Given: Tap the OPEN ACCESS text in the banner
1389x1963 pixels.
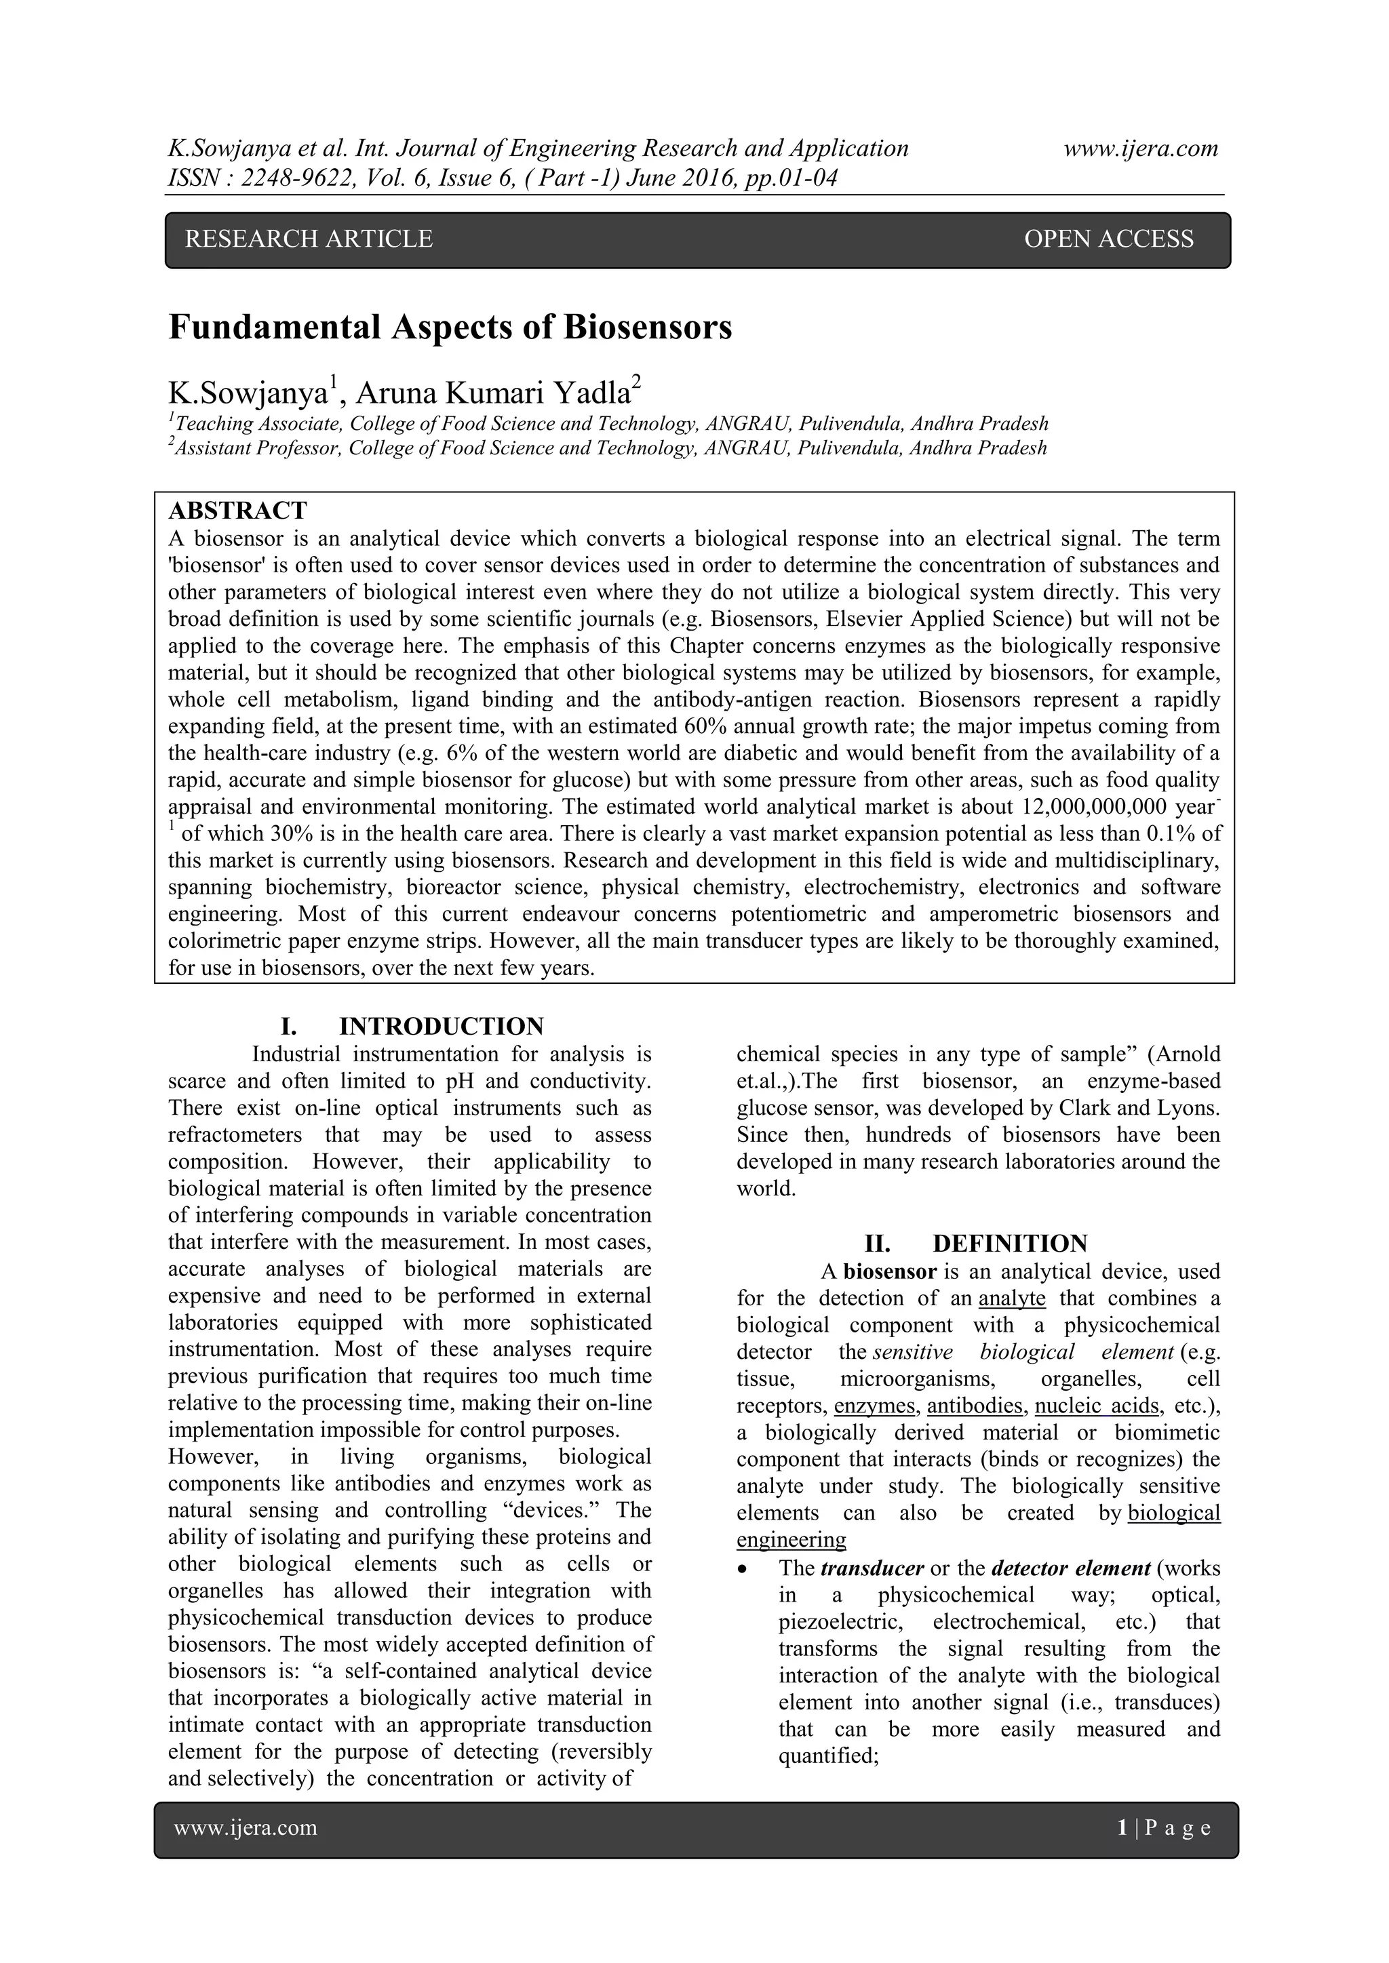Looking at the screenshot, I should click(x=1108, y=239).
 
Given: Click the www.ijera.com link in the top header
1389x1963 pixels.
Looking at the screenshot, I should click(x=1141, y=148).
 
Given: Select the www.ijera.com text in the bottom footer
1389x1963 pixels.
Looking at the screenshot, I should click(x=246, y=1828).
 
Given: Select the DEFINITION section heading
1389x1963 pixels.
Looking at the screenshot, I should click(x=1009, y=1244).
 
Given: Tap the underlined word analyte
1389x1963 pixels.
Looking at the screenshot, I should click(x=1012, y=1298).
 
